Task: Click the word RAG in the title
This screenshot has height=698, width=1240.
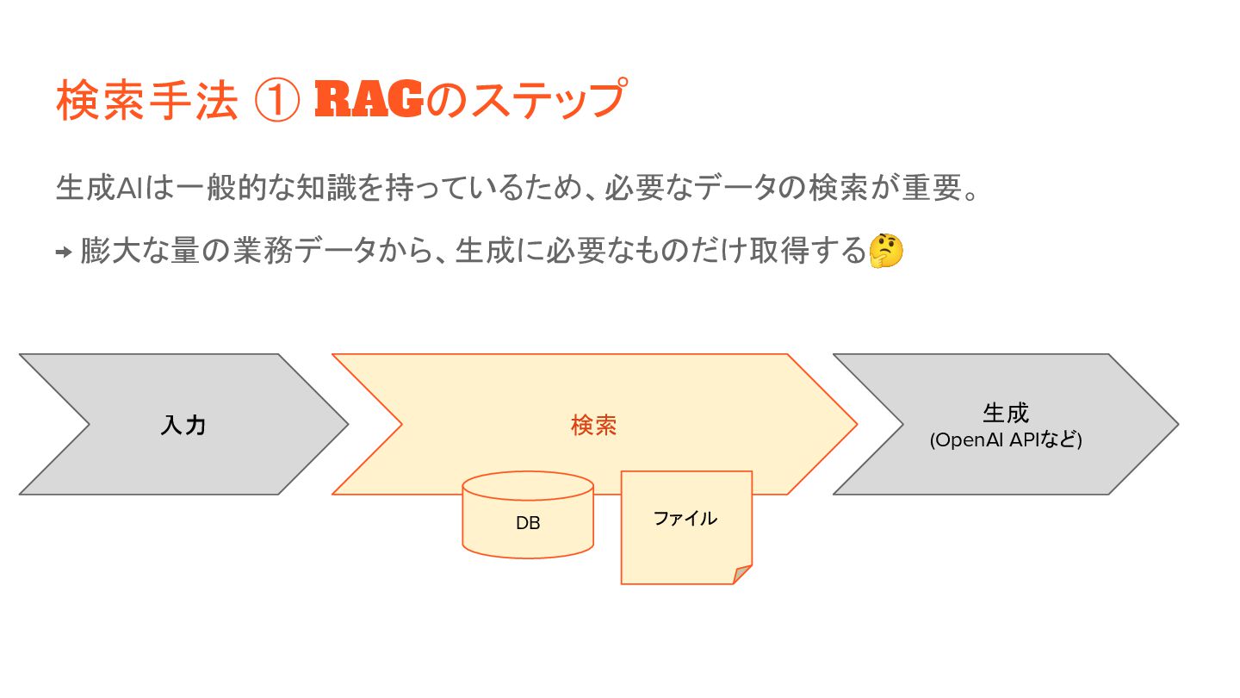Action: tap(369, 102)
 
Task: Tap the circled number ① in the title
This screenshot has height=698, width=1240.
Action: tap(277, 102)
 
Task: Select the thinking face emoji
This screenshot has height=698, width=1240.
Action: tap(886, 251)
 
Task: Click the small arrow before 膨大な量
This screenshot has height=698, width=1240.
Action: tap(63, 252)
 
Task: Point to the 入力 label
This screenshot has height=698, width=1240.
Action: tap(183, 425)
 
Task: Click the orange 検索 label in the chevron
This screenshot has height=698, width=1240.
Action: tap(593, 425)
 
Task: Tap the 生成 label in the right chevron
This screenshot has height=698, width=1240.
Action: tap(1005, 413)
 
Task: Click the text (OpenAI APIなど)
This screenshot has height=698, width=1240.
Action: tap(1005, 440)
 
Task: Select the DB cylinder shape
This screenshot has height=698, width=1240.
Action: tap(527, 515)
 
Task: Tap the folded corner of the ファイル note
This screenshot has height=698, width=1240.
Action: tap(743, 575)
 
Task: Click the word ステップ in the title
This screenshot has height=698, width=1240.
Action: tap(538, 102)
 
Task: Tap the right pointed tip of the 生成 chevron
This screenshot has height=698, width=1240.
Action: tap(1175, 424)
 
